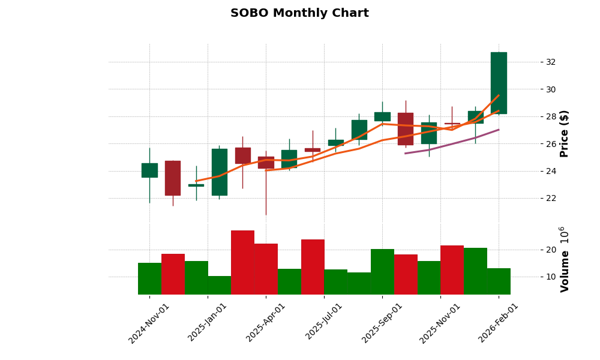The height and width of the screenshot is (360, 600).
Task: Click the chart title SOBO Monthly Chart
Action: click(x=299, y=13)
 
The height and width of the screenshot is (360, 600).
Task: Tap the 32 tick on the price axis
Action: click(x=550, y=62)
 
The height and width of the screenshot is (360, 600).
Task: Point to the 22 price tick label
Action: click(x=550, y=198)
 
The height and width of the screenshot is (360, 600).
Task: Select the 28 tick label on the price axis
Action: click(x=550, y=116)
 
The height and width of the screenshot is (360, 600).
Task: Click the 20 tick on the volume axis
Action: click(x=550, y=250)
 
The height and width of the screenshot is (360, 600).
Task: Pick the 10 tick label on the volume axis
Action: click(x=550, y=277)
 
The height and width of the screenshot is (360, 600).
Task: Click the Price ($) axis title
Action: click(x=564, y=133)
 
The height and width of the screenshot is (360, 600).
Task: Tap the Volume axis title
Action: click(x=564, y=259)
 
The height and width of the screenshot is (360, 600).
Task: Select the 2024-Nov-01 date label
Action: click(x=149, y=323)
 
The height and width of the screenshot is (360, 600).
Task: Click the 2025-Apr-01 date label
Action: click(x=265, y=323)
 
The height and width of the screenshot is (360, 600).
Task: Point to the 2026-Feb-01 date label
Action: click(x=498, y=323)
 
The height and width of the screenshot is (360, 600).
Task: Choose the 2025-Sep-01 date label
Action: click(x=382, y=323)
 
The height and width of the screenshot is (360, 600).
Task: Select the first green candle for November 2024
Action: click(x=149, y=170)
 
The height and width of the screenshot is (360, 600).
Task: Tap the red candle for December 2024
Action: click(x=173, y=178)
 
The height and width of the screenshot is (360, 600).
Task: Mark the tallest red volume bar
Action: click(x=242, y=262)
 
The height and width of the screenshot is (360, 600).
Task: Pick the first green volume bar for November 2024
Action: click(x=149, y=278)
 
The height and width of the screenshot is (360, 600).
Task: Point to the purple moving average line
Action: click(x=452, y=145)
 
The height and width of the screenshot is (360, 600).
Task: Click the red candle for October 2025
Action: click(x=406, y=128)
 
